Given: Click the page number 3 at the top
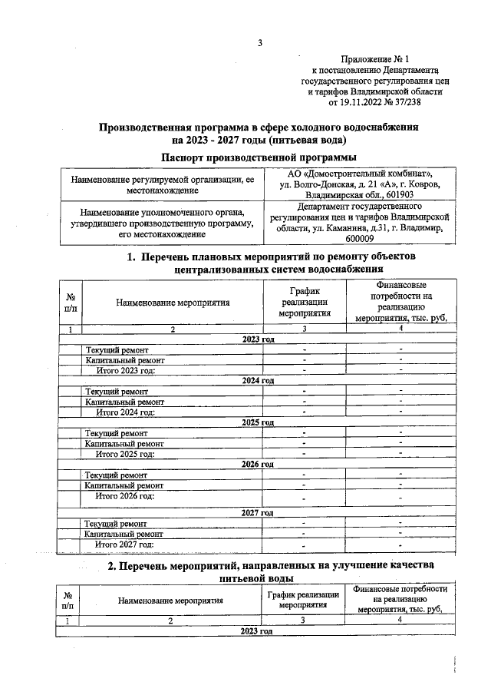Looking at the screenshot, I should tap(260, 43).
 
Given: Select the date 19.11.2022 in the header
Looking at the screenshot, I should tap(355, 101).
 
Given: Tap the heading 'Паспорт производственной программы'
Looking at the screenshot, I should tap(259, 157).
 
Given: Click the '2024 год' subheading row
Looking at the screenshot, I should tap(258, 380).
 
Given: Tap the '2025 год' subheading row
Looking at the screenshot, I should tap(258, 422).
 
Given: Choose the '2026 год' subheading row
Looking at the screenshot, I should tap(258, 464).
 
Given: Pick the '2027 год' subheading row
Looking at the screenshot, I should tap(258, 512).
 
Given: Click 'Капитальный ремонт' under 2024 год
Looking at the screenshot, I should tap(124, 401).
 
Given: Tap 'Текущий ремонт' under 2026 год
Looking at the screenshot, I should tap(117, 475).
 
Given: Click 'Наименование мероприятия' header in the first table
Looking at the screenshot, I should tap(173, 303).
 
